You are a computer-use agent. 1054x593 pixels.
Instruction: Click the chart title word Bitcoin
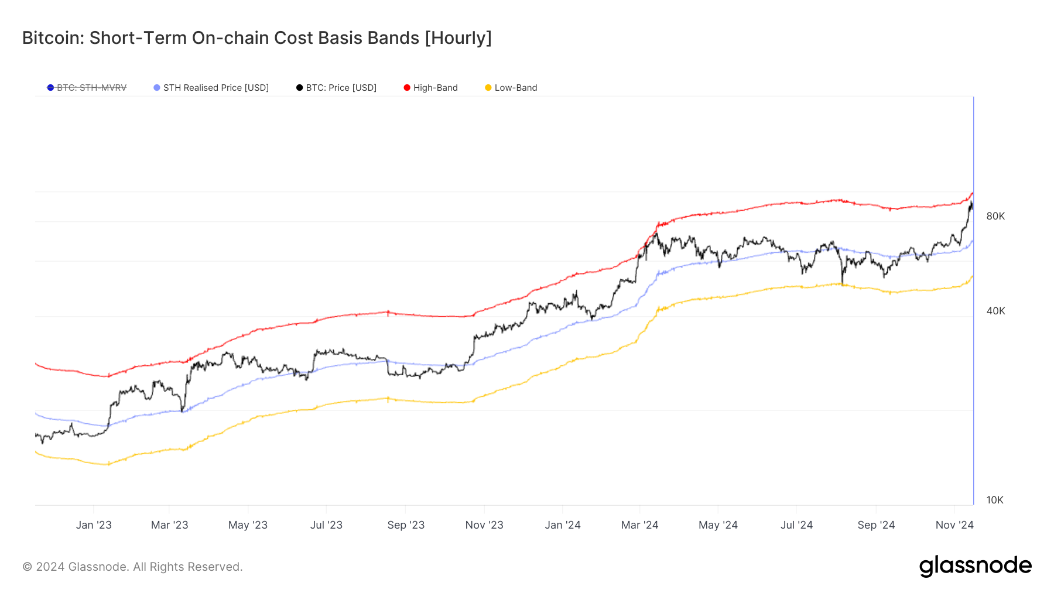(52, 38)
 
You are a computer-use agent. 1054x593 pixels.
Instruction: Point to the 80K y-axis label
(995, 216)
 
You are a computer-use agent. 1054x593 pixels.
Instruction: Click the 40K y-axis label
(995, 311)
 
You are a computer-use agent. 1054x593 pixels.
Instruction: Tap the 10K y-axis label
(995, 500)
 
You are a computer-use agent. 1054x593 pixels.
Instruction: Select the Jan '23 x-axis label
(94, 525)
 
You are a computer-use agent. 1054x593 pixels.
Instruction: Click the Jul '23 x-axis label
(326, 525)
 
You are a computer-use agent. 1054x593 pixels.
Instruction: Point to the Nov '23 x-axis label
(484, 525)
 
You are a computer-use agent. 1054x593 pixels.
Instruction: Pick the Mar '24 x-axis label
(639, 525)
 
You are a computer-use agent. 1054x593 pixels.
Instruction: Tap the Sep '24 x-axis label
(876, 525)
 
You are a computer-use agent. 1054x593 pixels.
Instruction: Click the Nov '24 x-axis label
(954, 525)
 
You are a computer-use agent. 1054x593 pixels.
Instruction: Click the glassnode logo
(975, 566)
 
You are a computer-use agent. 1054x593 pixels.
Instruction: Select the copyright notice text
(132, 567)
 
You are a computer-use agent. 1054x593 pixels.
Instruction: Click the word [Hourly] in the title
(458, 38)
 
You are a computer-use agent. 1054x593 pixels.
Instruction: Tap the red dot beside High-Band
(407, 88)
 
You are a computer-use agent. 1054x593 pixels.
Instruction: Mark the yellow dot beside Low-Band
(488, 88)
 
